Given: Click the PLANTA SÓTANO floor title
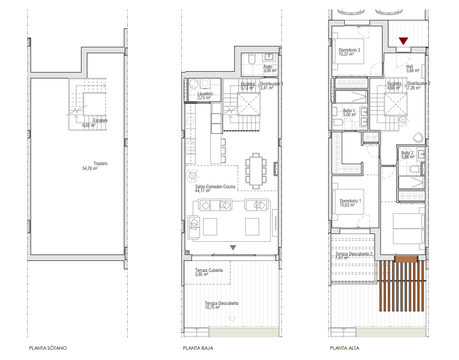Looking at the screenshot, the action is [x=48, y=348].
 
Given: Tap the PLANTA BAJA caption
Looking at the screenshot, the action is [x=198, y=348].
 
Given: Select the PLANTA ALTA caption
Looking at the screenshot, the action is [x=345, y=348].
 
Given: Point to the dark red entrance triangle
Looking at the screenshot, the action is [x=403, y=41].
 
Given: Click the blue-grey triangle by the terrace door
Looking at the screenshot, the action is [x=233, y=247].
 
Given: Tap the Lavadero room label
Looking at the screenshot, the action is [x=205, y=96].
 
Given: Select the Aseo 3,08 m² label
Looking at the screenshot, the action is [x=270, y=69].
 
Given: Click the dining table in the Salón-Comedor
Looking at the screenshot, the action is [x=256, y=170].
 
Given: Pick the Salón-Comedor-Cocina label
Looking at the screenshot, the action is [x=215, y=189].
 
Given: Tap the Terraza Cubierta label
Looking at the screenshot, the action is [x=209, y=272].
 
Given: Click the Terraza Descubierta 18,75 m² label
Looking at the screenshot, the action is [x=222, y=305].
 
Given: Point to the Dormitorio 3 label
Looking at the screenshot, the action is [x=349, y=52].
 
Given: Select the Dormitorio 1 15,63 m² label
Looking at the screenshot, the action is [x=350, y=203].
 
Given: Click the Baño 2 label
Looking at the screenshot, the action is [x=408, y=155].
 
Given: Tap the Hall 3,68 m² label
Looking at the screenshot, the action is [x=413, y=69].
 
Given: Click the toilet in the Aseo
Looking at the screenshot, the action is [x=252, y=59].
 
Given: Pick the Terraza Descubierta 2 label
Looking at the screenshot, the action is [x=354, y=256].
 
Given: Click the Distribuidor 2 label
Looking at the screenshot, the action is [x=419, y=85].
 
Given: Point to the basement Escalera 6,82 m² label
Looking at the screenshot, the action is [x=95, y=123].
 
